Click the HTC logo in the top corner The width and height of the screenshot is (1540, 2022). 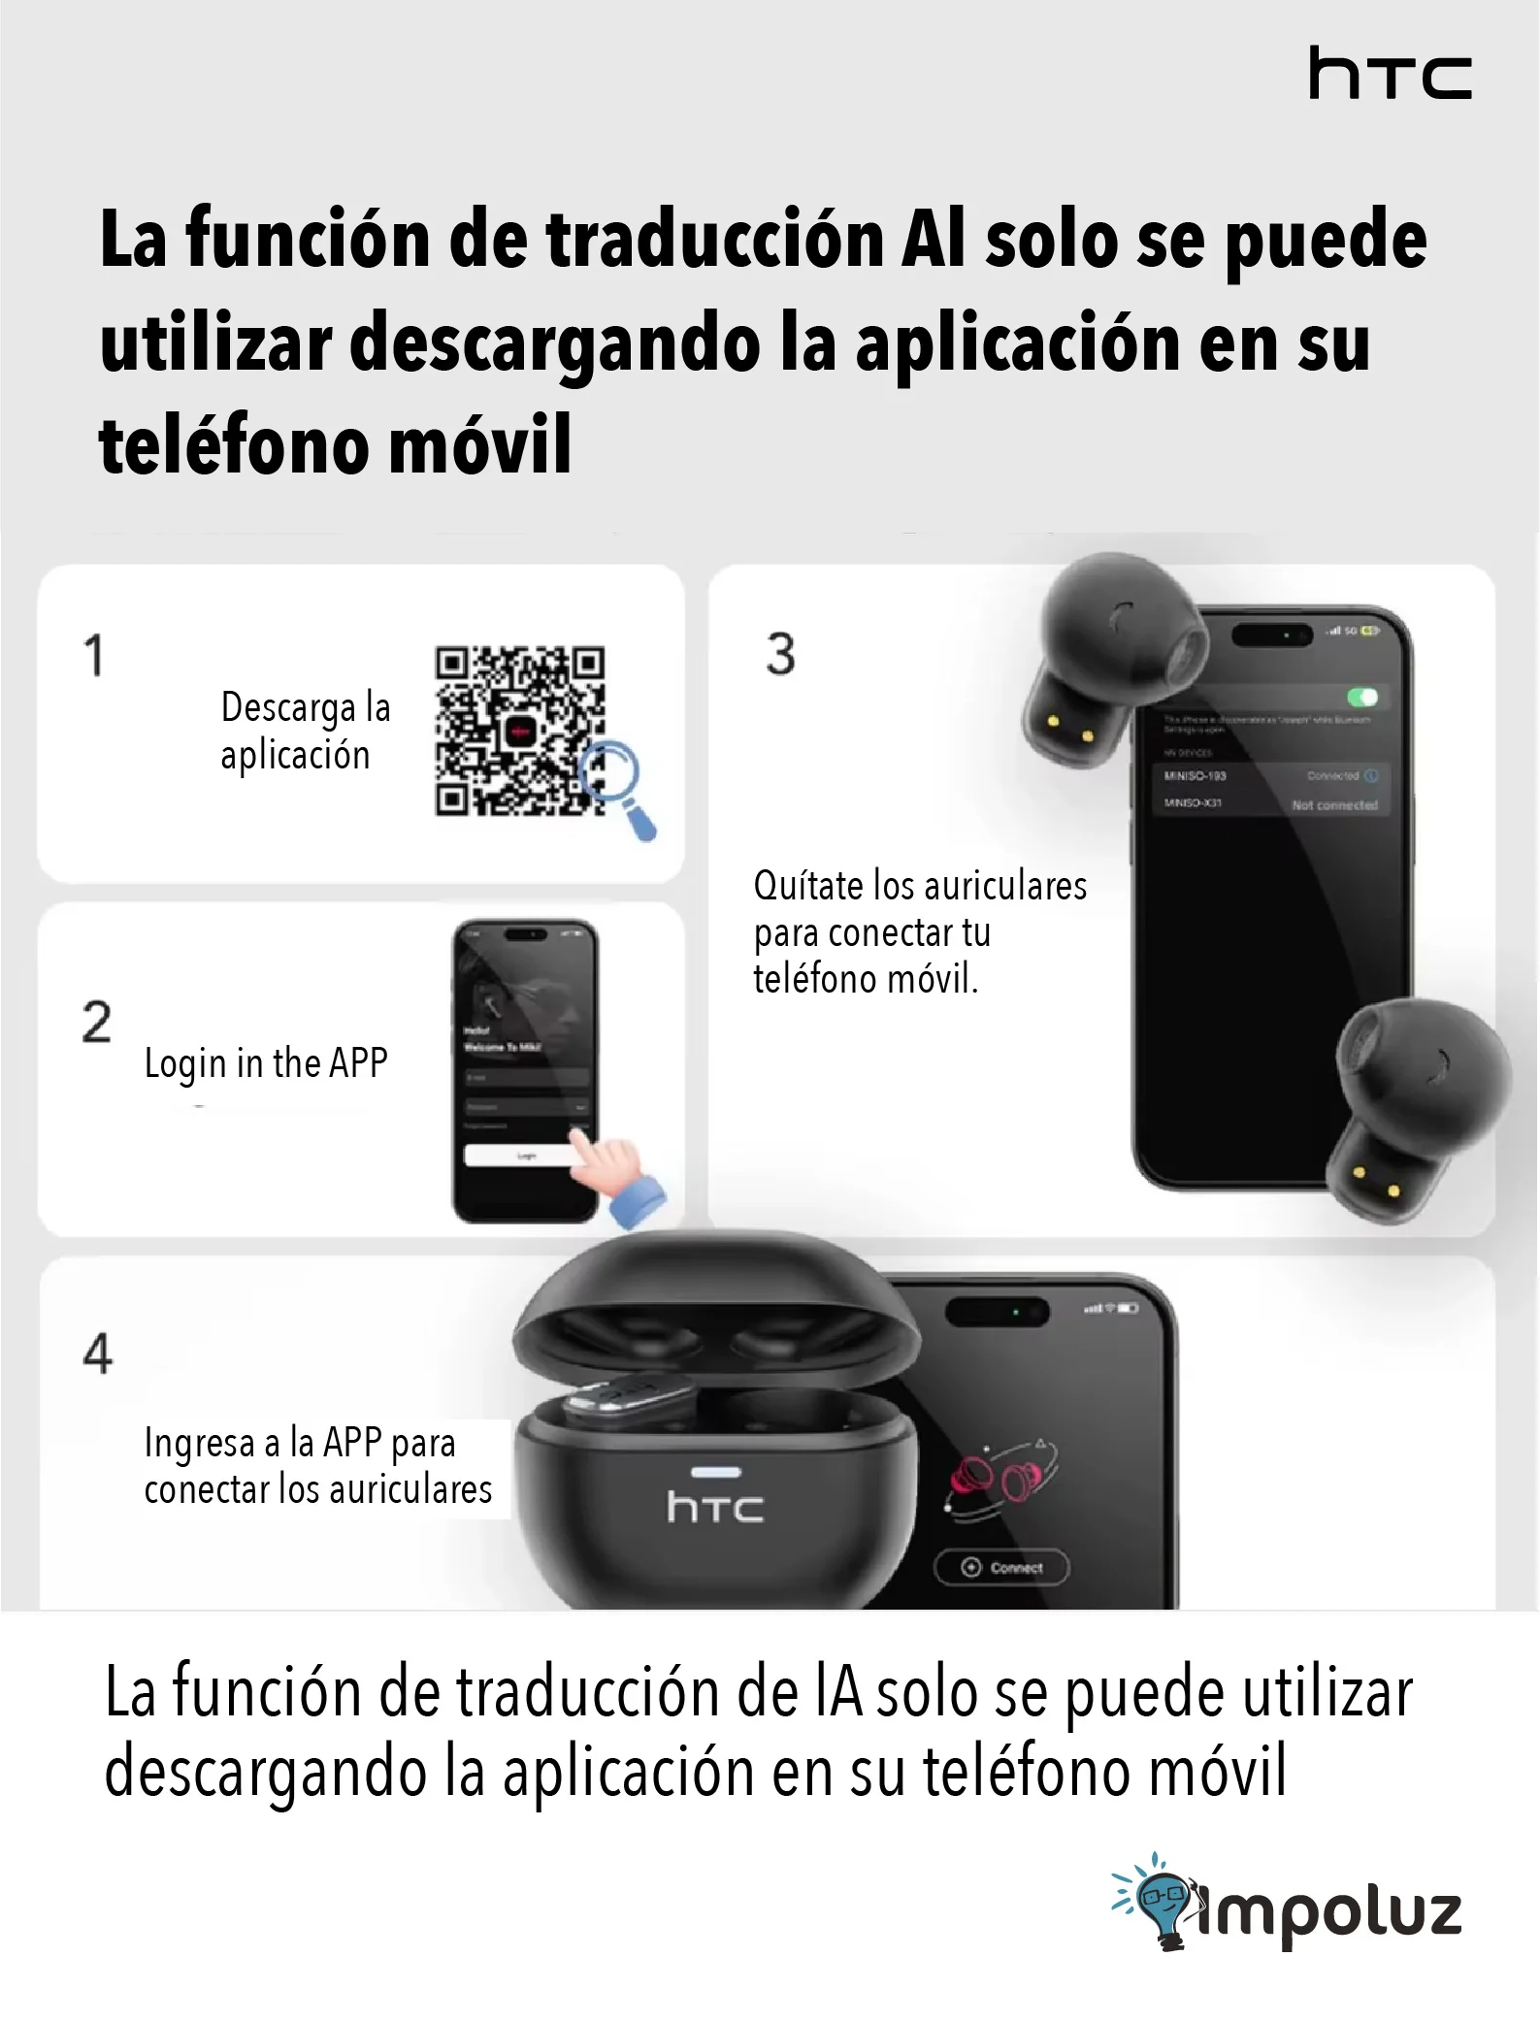[x=1390, y=74]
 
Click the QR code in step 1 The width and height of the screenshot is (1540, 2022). [x=519, y=731]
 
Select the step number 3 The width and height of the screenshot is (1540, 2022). [x=780, y=654]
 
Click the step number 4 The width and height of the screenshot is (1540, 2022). [x=97, y=1353]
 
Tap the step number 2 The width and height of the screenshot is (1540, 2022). [x=96, y=1022]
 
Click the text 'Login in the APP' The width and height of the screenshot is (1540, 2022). [x=266, y=1063]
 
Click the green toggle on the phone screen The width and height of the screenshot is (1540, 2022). [x=1362, y=697]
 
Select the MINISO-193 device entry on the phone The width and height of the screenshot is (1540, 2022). [x=1196, y=776]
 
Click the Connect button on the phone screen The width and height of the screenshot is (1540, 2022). [x=1001, y=1567]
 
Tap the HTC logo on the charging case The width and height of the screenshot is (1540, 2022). [x=715, y=1507]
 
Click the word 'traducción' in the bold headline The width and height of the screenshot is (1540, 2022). [x=715, y=240]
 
